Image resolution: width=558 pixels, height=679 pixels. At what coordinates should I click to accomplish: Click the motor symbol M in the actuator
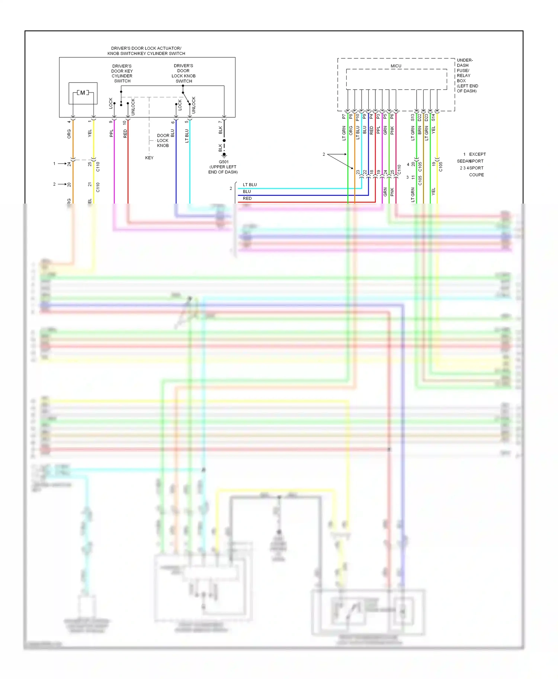(x=83, y=93)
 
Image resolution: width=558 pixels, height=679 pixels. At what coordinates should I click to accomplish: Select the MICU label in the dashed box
(x=396, y=66)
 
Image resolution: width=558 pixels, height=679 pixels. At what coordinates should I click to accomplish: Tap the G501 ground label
(x=224, y=162)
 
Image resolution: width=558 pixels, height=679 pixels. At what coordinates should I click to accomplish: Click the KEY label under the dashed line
(x=149, y=158)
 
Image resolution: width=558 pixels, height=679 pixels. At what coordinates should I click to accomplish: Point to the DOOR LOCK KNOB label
(x=163, y=140)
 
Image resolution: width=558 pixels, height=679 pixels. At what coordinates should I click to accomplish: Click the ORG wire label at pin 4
(x=69, y=134)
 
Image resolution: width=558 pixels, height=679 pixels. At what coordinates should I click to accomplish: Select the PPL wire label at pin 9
(x=111, y=133)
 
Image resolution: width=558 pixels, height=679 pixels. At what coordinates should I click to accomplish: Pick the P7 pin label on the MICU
(x=344, y=117)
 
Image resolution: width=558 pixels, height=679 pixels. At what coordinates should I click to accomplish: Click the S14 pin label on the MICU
(x=433, y=117)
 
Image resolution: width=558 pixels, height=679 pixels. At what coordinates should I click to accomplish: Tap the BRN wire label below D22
(x=420, y=130)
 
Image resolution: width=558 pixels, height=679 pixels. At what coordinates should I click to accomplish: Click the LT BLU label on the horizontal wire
(x=250, y=185)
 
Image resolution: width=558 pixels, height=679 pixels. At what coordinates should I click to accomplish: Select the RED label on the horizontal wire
(x=247, y=198)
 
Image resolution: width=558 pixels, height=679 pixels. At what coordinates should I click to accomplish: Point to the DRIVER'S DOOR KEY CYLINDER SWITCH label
(x=122, y=74)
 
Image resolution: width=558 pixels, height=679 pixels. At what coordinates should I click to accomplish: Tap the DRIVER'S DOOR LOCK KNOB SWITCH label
(x=183, y=74)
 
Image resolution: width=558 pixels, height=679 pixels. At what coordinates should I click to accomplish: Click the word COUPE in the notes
(x=476, y=175)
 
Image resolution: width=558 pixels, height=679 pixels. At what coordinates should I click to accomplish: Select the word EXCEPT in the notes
(x=477, y=154)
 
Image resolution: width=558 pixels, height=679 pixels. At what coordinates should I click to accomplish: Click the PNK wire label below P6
(x=392, y=131)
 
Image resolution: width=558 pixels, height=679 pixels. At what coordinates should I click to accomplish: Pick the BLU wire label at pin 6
(x=173, y=133)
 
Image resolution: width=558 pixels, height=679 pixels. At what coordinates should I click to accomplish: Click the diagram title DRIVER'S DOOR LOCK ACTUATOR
(x=146, y=48)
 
